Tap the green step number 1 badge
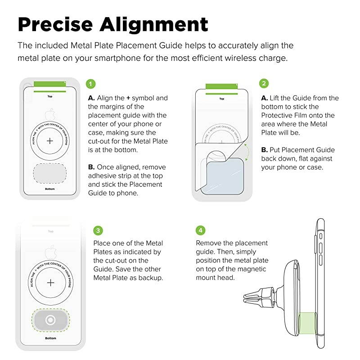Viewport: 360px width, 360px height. (91, 84)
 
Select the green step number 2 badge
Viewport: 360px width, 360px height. (264, 84)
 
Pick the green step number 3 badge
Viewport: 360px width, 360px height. (98, 230)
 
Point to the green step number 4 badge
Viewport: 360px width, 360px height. (200, 230)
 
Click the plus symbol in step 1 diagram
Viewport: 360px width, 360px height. (50, 141)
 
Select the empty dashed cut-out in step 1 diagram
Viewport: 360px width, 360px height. (50, 172)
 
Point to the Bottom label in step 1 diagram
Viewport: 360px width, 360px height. (50, 189)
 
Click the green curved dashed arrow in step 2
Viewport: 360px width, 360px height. (246, 151)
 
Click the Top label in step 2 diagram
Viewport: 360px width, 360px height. (221, 99)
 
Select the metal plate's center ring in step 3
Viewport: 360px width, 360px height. (50, 320)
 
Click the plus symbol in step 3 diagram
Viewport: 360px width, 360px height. (50, 283)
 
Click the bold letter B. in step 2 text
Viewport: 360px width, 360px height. (265, 150)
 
